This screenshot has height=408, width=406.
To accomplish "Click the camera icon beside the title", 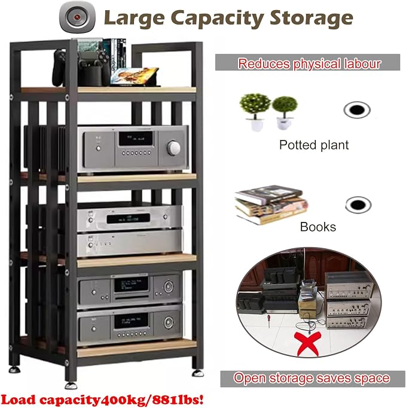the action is [x=77, y=17].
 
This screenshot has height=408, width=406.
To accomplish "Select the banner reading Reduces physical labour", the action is [x=307, y=62].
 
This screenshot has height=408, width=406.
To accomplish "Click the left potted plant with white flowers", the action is [x=254, y=112].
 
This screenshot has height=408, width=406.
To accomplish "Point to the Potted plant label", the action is [x=314, y=145].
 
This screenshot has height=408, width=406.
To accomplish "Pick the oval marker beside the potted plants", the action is [x=357, y=110].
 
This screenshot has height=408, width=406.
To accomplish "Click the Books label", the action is [x=318, y=227].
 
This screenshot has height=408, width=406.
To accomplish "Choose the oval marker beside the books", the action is [x=358, y=205].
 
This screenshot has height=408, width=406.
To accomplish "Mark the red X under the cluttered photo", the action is [x=307, y=343].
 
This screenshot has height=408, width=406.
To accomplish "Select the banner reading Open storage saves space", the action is [x=312, y=379].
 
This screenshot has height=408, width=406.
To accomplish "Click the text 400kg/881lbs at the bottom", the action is [x=152, y=400].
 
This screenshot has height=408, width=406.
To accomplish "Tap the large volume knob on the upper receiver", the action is [x=173, y=148].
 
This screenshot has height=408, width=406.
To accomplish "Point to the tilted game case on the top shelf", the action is [x=135, y=76].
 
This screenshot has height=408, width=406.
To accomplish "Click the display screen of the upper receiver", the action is [x=136, y=138].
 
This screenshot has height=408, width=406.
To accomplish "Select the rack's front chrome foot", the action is [x=71, y=385].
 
